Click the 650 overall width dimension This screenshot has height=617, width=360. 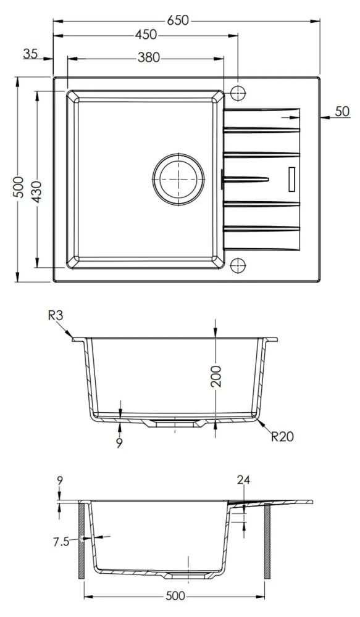click(178, 20)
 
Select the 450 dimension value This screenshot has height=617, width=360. click(146, 35)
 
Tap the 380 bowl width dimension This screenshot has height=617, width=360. click(149, 58)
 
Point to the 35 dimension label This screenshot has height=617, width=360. click(30, 54)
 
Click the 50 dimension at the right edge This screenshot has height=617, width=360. click(342, 111)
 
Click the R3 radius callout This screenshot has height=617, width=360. click(56, 315)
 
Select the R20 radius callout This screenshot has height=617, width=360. click(282, 436)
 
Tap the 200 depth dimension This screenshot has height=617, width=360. click(216, 376)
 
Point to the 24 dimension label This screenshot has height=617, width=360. click(243, 480)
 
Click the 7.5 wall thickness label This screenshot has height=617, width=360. click(61, 542)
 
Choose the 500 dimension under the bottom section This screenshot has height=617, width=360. click(175, 596)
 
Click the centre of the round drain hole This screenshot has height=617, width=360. click(178, 179)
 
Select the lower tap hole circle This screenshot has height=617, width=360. click(238, 265)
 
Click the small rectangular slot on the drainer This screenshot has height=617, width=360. click(292, 179)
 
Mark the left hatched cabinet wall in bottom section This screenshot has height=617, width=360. click(81, 541)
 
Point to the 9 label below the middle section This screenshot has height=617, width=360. click(119, 443)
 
